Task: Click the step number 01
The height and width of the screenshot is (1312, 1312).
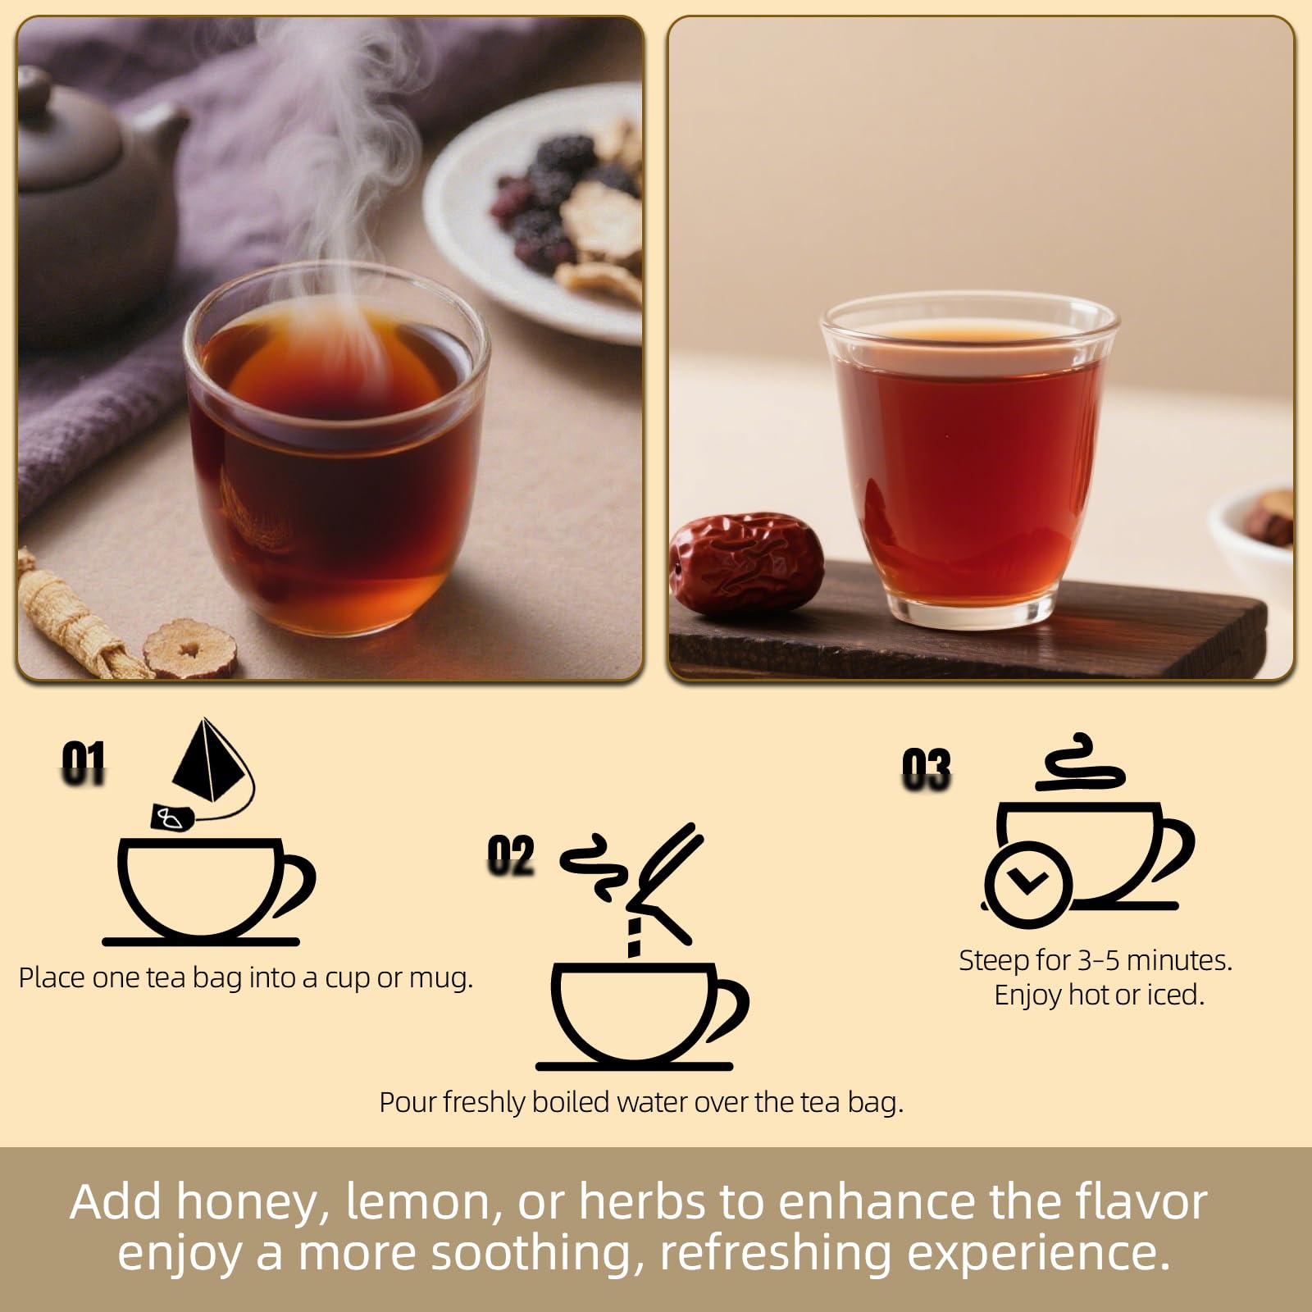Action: point(84,763)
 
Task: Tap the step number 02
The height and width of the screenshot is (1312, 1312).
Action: point(510,856)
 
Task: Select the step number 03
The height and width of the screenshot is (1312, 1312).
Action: point(926,770)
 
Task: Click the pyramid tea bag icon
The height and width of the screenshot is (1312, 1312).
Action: point(205,763)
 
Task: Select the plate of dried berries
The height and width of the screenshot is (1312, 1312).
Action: point(549,213)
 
